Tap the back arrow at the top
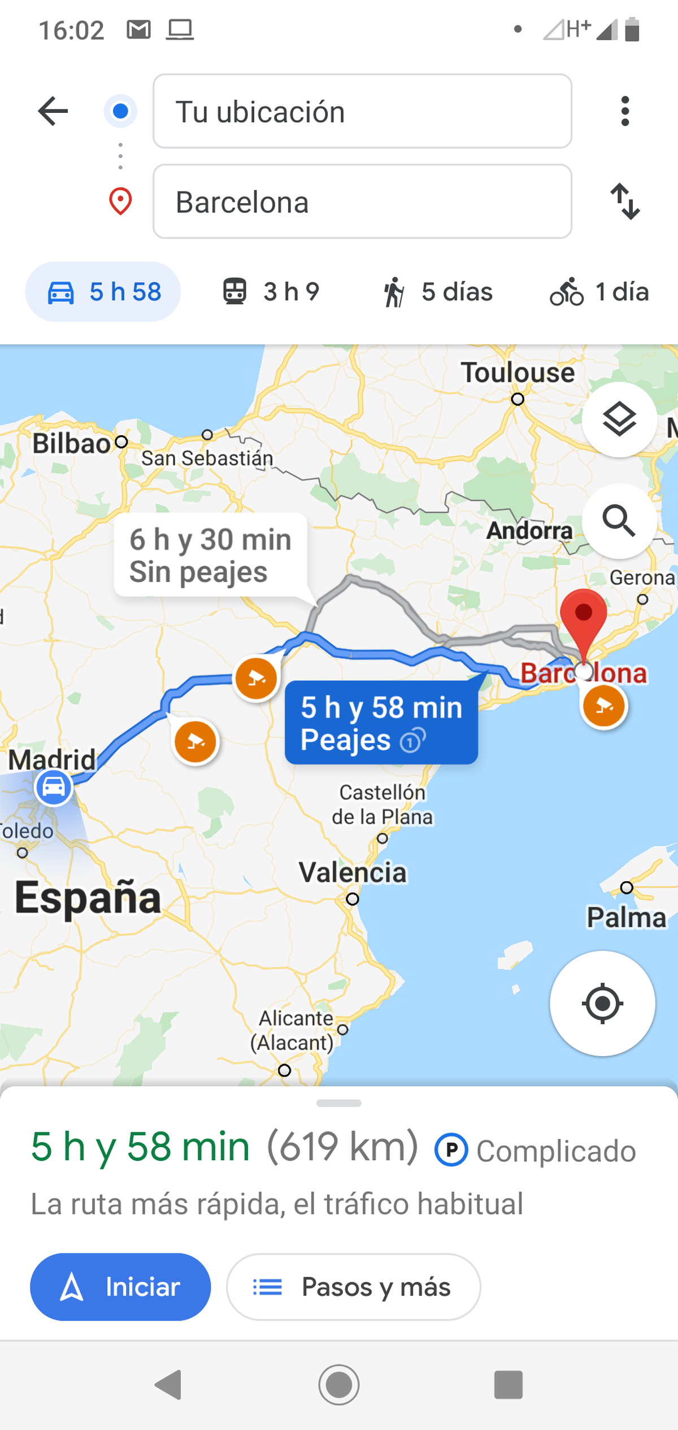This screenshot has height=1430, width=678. pyautogui.click(x=53, y=111)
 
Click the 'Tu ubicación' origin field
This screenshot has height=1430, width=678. pyautogui.click(x=362, y=111)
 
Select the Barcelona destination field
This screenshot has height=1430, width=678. pyautogui.click(x=362, y=202)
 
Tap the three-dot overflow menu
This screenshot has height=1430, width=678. pyautogui.click(x=624, y=111)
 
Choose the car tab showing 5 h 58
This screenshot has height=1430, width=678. pyautogui.click(x=103, y=292)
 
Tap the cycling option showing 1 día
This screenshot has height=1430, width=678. pyautogui.click(x=599, y=292)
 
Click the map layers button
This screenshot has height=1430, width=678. pyautogui.click(x=619, y=419)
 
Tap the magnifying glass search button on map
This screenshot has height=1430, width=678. pyautogui.click(x=619, y=521)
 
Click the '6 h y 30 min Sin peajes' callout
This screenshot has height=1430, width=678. pyautogui.click(x=210, y=555)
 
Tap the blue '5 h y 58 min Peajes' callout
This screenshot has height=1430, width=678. pyautogui.click(x=381, y=723)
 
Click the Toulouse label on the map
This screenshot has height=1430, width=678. pyautogui.click(x=518, y=373)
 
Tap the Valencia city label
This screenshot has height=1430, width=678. pyautogui.click(x=353, y=873)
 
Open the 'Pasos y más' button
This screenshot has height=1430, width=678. pyautogui.click(x=354, y=1287)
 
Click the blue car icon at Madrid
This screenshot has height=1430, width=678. pyautogui.click(x=54, y=786)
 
